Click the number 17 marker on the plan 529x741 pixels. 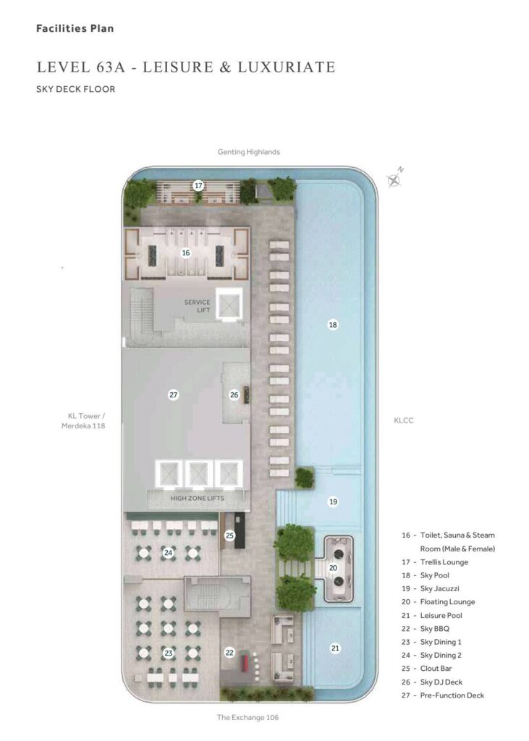point(198,186)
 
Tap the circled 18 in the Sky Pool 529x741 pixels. point(333,325)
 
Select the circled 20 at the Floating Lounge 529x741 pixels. point(333,568)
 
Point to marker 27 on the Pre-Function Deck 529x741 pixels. point(174,394)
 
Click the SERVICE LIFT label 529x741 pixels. point(198,306)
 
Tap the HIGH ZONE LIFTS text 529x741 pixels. point(197,498)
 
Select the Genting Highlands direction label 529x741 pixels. point(249,152)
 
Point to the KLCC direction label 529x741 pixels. point(403,420)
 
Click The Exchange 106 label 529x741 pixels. point(247,717)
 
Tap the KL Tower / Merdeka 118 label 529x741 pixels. point(83,420)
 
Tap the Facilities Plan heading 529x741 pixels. point(75,28)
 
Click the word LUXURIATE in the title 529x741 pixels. point(287,67)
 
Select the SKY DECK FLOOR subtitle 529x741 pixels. point(76,89)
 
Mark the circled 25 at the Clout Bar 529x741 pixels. point(229,535)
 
